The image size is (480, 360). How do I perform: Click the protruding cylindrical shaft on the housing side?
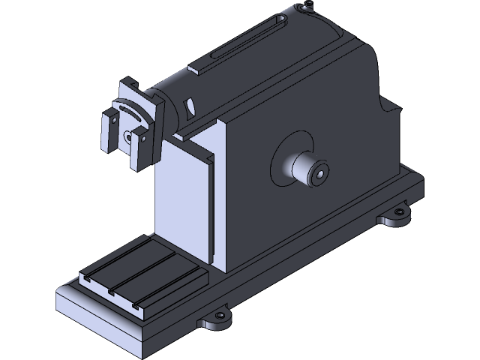click(304, 169)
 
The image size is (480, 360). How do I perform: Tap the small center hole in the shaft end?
click(321, 174)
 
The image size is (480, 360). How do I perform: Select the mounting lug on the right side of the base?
click(397, 218)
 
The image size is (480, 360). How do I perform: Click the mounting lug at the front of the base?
click(218, 320)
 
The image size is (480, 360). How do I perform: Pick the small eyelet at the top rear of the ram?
click(305, 8)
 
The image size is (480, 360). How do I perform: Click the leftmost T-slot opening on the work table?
click(87, 280)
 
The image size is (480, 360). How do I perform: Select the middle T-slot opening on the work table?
click(111, 290)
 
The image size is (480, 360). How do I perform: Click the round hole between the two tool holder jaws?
click(126, 136)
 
